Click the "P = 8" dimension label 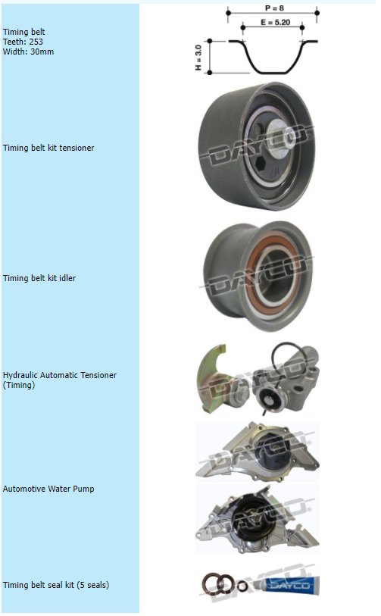click(274, 8)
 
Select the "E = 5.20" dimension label click(276, 23)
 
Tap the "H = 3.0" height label click(198, 58)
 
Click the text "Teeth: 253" click(23, 42)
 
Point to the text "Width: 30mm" click(28, 52)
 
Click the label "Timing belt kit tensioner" click(48, 148)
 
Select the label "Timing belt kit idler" click(39, 278)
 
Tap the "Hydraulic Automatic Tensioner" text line click(60, 375)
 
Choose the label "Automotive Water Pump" click(48, 489)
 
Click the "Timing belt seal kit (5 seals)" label click(56, 585)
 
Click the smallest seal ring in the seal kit click(243, 586)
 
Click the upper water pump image click(258, 452)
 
